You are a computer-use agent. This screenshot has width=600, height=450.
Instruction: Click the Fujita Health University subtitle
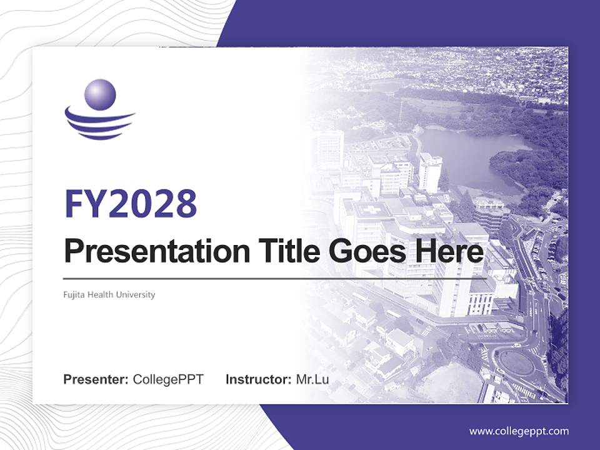point(109,294)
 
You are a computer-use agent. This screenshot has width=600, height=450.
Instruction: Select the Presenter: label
point(96,379)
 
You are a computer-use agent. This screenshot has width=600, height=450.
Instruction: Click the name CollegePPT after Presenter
point(168,379)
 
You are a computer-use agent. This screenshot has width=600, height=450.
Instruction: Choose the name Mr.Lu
point(312,379)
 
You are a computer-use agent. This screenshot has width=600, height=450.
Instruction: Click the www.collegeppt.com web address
point(519,431)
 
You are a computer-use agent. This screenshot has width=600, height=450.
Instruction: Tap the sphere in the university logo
point(100,94)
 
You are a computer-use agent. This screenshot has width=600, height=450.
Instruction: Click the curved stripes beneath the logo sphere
point(100,124)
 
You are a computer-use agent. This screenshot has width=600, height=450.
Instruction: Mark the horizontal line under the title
point(275,278)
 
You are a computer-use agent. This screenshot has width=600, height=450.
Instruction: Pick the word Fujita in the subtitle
point(74,294)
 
